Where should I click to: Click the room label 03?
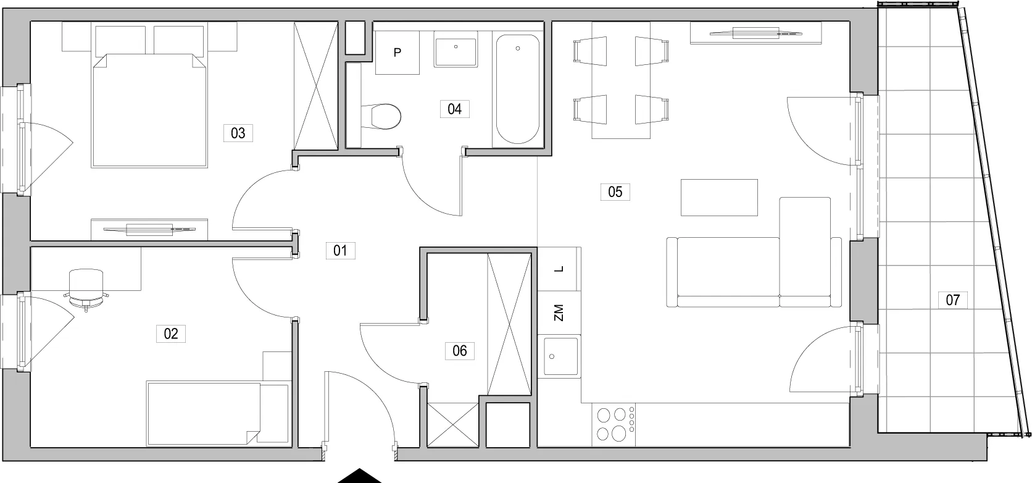tap(238, 133)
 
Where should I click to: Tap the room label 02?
tap(171, 334)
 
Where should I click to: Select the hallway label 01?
tap(341, 250)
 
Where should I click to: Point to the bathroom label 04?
tap(455, 109)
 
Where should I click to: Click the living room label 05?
tap(615, 191)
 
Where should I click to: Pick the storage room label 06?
tap(460, 351)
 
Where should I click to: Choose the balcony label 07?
tap(953, 300)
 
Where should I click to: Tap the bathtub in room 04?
tap(517, 89)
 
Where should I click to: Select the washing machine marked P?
tap(397, 52)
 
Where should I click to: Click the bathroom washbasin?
tap(456, 49)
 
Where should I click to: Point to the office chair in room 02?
tap(86, 289)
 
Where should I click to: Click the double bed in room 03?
tap(149, 110)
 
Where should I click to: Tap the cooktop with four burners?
tap(614, 424)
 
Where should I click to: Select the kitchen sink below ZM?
tap(560, 356)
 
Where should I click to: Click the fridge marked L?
tap(559, 269)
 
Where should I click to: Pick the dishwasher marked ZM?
tap(559, 313)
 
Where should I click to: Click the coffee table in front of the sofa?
tap(719, 198)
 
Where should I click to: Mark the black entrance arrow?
tap(359, 476)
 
